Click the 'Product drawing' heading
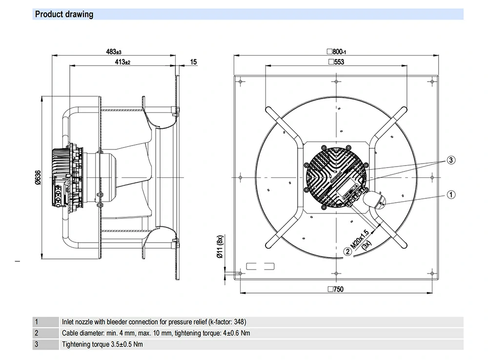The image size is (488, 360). (64, 15)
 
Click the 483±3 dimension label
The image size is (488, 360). (114, 51)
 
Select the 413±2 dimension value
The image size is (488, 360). (122, 62)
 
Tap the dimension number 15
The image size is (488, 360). (194, 62)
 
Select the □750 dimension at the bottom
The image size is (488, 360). (336, 289)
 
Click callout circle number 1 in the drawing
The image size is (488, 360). (451, 194)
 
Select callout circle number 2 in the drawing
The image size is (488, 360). (347, 252)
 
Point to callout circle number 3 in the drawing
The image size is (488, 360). (451, 160)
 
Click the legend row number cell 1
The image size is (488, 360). (37, 322)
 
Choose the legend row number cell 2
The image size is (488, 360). (37, 333)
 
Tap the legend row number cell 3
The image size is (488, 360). (37, 344)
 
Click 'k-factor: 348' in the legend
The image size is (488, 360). (227, 322)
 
